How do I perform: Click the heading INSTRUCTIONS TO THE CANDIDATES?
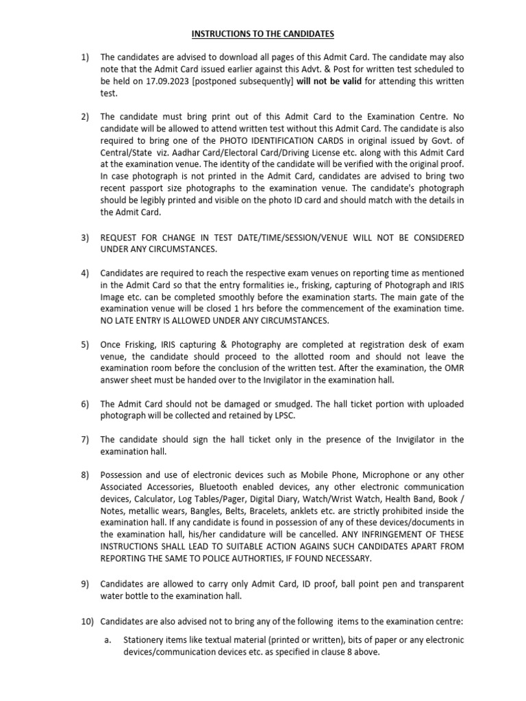(x=263, y=34)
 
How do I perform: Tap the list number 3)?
(x=86, y=238)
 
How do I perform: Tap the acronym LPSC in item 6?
(x=291, y=416)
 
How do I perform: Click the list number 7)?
(x=86, y=439)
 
